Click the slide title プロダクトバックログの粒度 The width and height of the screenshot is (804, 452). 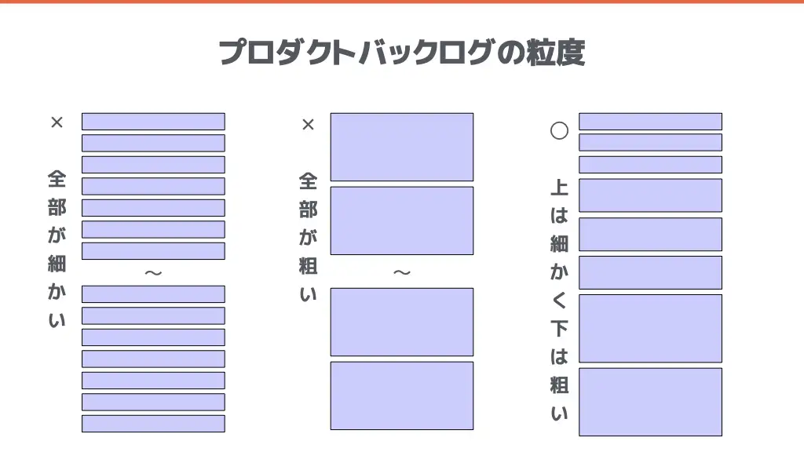[x=402, y=53]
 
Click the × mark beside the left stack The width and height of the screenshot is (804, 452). [x=57, y=122]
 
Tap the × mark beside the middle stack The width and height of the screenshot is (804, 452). [x=308, y=125]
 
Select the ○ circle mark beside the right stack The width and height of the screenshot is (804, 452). [x=559, y=131]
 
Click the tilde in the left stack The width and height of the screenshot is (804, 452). [x=153, y=272]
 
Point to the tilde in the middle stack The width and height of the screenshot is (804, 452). [x=402, y=272]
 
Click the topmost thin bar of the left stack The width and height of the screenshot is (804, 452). [x=153, y=122]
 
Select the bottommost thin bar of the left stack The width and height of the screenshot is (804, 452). [x=153, y=424]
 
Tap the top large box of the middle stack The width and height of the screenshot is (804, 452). [x=402, y=147]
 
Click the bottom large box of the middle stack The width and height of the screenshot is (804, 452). [x=402, y=395]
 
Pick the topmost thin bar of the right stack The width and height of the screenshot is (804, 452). [x=651, y=122]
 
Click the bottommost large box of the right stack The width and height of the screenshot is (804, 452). [x=651, y=402]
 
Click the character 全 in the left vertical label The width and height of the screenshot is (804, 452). [x=57, y=180]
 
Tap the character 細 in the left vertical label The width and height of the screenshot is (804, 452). [x=57, y=264]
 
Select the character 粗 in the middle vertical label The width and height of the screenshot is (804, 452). [x=308, y=266]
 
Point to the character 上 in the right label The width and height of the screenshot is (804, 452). [x=559, y=188]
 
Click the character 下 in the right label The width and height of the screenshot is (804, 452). [x=559, y=329]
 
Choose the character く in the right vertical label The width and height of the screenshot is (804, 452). [x=559, y=301]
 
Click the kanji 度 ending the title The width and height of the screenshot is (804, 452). [x=571, y=53]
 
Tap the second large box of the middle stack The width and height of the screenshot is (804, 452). [x=402, y=221]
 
